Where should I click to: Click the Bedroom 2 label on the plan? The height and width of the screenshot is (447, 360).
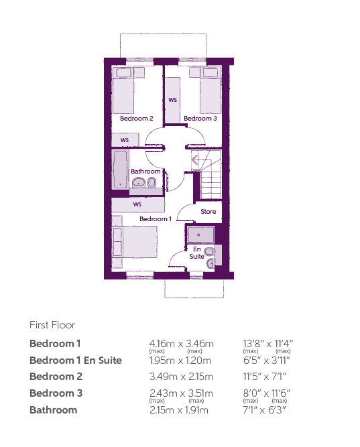click(136, 119)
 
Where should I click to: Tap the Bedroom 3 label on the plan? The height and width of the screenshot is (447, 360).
click(200, 119)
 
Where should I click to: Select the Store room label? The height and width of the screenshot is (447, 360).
click(208, 212)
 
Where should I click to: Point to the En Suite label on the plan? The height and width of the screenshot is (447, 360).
click(197, 253)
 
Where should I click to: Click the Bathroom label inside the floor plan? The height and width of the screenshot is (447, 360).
click(145, 172)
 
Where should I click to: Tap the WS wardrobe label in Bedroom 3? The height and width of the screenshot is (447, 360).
click(172, 100)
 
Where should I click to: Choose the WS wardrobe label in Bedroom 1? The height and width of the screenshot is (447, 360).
click(137, 204)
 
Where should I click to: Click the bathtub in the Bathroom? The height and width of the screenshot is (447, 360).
click(120, 170)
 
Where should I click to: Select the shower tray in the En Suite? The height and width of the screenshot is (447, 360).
click(200, 235)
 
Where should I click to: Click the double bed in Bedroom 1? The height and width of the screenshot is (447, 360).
click(135, 242)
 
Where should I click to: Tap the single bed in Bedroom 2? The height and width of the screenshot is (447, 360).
click(123, 90)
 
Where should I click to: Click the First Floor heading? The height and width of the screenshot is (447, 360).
click(52, 325)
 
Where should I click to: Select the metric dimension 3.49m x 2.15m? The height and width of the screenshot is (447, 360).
click(181, 377)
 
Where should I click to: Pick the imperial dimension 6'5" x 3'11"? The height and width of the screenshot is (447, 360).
click(266, 361)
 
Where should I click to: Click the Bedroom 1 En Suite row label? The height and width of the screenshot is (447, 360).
click(76, 361)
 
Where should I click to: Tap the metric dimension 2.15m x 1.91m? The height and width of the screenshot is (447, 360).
click(179, 410)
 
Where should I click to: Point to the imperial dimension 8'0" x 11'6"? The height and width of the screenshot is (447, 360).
click(266, 393)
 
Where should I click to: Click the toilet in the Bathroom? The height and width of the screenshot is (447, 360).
click(152, 182)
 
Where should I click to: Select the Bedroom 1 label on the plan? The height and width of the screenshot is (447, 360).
click(156, 219)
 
